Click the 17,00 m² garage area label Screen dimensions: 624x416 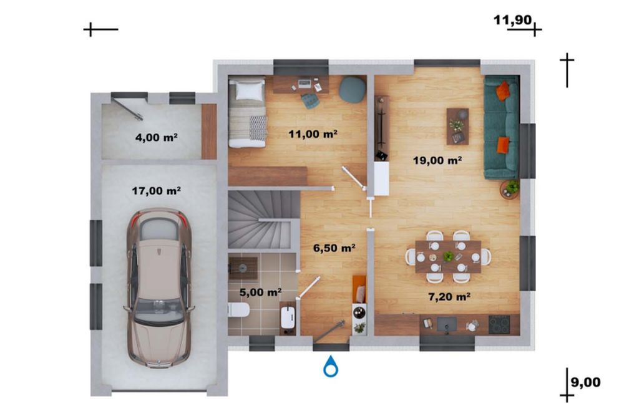(x=157, y=191)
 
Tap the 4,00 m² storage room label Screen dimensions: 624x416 (x=157, y=138)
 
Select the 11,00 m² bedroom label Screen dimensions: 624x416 (x=313, y=133)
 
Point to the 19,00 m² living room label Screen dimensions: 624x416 (x=437, y=160)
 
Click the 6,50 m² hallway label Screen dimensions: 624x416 (x=334, y=248)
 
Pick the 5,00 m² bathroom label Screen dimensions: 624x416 (x=261, y=293)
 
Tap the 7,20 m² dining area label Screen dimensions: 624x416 (x=449, y=297)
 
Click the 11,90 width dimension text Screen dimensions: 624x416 (x=512, y=19)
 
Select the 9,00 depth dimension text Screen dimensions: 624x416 (x=586, y=382)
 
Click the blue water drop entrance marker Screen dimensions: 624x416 (x=331, y=366)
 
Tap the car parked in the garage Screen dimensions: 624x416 (x=159, y=288)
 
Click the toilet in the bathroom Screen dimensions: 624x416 (x=238, y=310)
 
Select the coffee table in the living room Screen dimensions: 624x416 (x=457, y=126)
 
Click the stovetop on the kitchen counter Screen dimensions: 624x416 (x=499, y=324)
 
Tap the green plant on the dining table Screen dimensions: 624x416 (x=449, y=256)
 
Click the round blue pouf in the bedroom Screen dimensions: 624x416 (x=353, y=90)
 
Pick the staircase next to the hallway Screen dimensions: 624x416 (x=263, y=220)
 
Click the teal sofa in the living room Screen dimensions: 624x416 (x=502, y=127)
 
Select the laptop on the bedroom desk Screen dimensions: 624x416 (x=305, y=84)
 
